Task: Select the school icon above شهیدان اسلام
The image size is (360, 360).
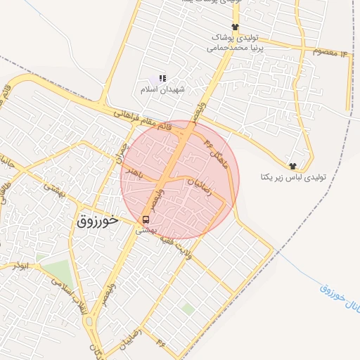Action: (x=162, y=79)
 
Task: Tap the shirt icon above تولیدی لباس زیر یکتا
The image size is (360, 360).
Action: (x=292, y=166)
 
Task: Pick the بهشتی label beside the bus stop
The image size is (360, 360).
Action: (x=143, y=230)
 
